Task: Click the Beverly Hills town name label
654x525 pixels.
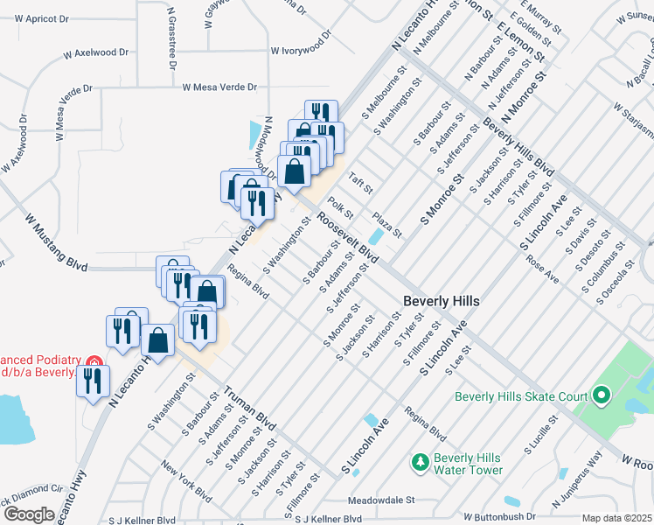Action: tap(441, 301)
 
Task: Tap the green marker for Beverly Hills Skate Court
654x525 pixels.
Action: tap(601, 396)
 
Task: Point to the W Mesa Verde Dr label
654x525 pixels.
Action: tap(219, 87)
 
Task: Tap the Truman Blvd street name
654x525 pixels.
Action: tap(249, 409)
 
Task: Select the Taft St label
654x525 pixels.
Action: tap(361, 184)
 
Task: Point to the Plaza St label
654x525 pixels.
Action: tap(386, 223)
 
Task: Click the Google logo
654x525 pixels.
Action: tap(30, 514)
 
